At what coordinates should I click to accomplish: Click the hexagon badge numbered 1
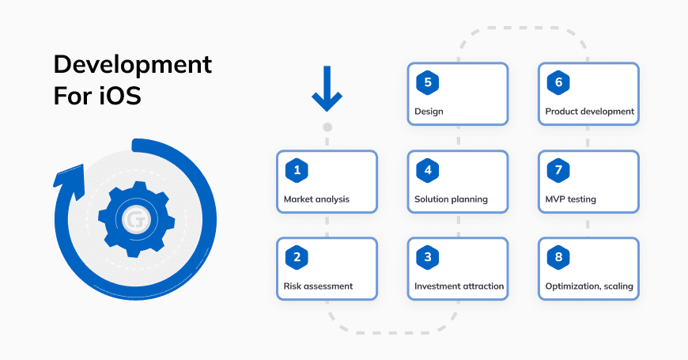pyautogui.click(x=297, y=169)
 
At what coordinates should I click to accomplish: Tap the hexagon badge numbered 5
pyautogui.click(x=427, y=82)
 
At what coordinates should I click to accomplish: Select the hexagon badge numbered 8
pyautogui.click(x=558, y=256)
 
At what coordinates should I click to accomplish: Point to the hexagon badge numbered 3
pyautogui.click(x=427, y=256)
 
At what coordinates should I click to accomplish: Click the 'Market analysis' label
pyautogui.click(x=316, y=199)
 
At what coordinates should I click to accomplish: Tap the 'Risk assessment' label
pyautogui.click(x=318, y=286)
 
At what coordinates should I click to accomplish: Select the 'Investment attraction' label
pyautogui.click(x=459, y=286)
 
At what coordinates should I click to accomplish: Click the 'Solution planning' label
pyautogui.click(x=451, y=199)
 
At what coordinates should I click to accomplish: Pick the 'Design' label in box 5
pyautogui.click(x=429, y=112)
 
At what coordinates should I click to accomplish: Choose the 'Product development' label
pyautogui.click(x=589, y=112)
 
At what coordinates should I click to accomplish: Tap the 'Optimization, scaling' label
pyautogui.click(x=589, y=286)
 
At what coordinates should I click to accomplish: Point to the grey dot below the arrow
pyautogui.click(x=327, y=127)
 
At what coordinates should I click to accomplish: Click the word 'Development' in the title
pyautogui.click(x=133, y=65)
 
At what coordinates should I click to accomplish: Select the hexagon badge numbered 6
pyautogui.click(x=558, y=82)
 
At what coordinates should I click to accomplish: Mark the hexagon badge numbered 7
pyautogui.click(x=558, y=169)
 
